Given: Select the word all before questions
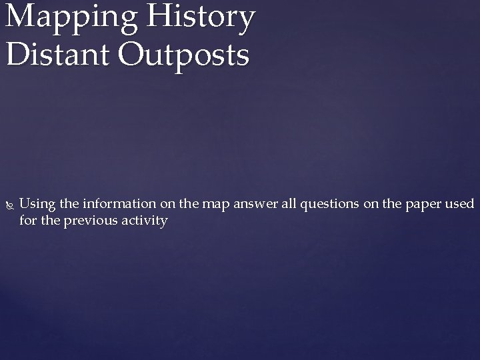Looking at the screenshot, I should tap(291, 203).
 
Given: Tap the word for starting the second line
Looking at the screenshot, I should tap(28, 220).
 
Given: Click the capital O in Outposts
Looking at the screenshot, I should tap(134, 55).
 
